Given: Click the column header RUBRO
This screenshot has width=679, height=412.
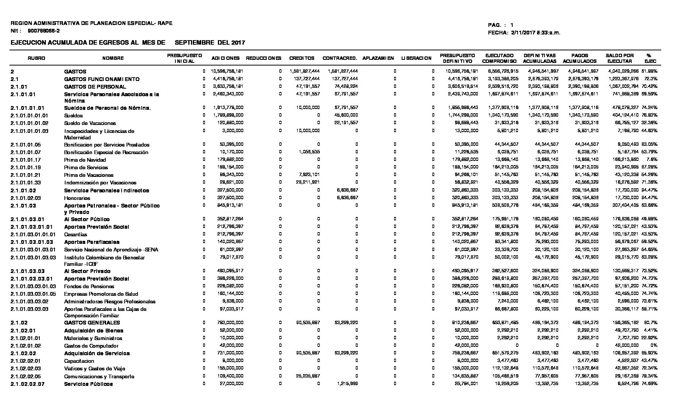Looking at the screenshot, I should [x=36, y=58].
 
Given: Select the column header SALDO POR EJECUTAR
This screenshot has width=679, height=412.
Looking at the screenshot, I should [x=620, y=58].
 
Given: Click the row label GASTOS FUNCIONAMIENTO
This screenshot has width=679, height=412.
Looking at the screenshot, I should [x=102, y=79].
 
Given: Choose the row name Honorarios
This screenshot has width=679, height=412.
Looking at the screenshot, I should [x=77, y=198].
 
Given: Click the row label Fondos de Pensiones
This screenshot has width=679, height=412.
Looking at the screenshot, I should [x=89, y=286].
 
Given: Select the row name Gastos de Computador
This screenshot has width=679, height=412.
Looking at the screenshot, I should [x=91, y=346].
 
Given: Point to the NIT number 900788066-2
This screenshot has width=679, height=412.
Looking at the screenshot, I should [x=44, y=31].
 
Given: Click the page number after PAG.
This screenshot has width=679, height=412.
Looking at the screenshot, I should [x=512, y=25].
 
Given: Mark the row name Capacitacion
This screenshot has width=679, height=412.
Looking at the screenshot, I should [x=79, y=361].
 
